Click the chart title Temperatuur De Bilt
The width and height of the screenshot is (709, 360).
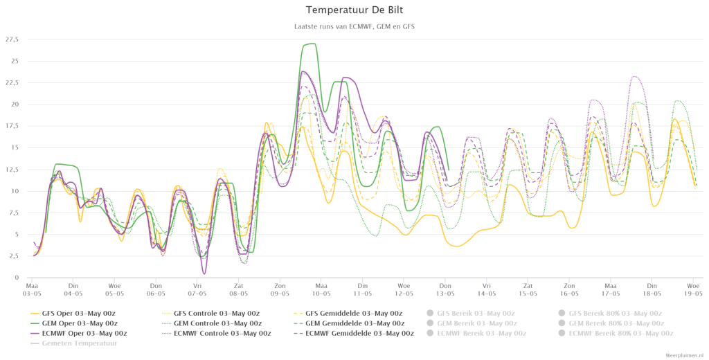point(354,10)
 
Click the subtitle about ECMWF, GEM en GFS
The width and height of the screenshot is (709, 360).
point(354,26)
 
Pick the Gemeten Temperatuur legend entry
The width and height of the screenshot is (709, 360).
point(77,343)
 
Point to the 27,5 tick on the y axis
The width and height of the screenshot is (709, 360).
point(12,39)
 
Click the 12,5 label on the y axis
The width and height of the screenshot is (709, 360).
point(12,169)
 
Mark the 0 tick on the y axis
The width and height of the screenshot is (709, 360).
point(16,278)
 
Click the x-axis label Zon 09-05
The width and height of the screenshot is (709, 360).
point(280,289)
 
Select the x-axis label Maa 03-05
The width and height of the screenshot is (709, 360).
point(32,289)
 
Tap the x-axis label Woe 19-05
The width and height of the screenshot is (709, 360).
point(692,289)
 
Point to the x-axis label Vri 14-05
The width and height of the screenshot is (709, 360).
point(487,289)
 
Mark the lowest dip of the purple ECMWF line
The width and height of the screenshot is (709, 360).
point(204,273)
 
